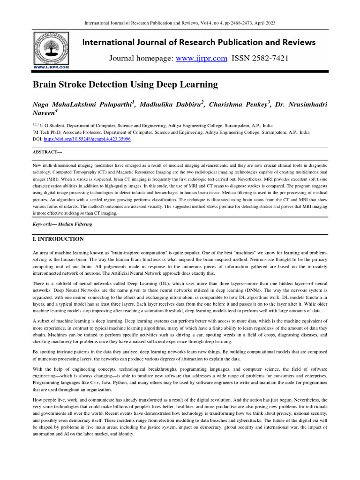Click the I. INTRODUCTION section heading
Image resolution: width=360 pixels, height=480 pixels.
[58, 239]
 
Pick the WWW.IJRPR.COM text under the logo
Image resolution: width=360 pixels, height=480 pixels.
[51, 67]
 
